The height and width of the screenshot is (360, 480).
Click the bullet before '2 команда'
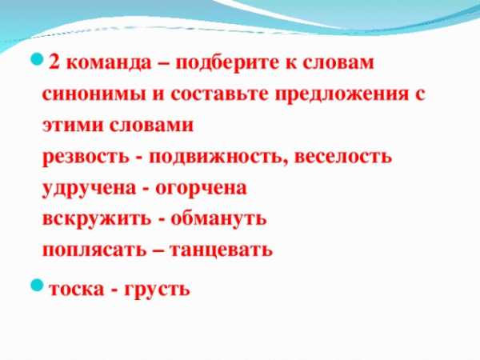pyautogui.click(x=37, y=58)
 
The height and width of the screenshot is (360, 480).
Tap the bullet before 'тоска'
pyautogui.click(x=37, y=286)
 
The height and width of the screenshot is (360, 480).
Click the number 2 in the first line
pyautogui.click(x=54, y=62)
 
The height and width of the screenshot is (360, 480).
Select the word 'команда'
pyautogui.click(x=109, y=63)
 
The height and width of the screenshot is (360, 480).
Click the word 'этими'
pyautogui.click(x=73, y=126)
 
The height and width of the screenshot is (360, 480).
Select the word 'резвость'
pyautogui.click(x=86, y=158)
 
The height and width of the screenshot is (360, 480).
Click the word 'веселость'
pyautogui.click(x=343, y=157)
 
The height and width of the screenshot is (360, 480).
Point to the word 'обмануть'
pyautogui.click(x=218, y=219)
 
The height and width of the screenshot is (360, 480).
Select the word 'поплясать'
pyautogui.click(x=94, y=250)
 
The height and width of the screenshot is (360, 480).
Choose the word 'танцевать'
pyautogui.click(x=221, y=250)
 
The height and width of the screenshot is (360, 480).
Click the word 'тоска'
pyautogui.click(x=77, y=290)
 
